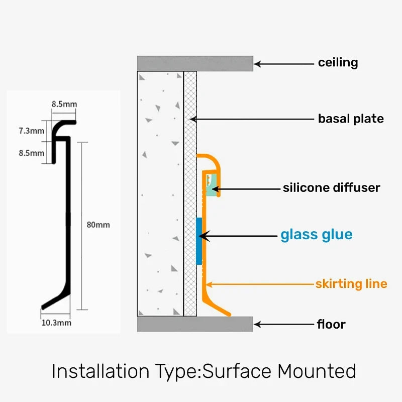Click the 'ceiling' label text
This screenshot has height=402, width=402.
[338, 63]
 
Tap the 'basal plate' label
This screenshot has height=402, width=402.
[351, 119]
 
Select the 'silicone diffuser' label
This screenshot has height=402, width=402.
[331, 188]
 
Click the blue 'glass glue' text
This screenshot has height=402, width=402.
[316, 235]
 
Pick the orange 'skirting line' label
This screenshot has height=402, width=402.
[351, 284]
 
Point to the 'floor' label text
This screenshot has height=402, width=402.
[331, 324]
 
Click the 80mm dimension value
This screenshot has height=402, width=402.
[98, 225]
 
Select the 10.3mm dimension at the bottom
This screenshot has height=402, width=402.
[56, 323]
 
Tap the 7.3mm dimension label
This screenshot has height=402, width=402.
[31, 131]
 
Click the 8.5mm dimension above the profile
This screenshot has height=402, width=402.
[64, 105]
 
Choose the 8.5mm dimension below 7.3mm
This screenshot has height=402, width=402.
[31, 153]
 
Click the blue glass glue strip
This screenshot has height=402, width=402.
[199, 241]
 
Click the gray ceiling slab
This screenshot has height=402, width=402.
[194, 63]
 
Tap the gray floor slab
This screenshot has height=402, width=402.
[194, 324]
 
